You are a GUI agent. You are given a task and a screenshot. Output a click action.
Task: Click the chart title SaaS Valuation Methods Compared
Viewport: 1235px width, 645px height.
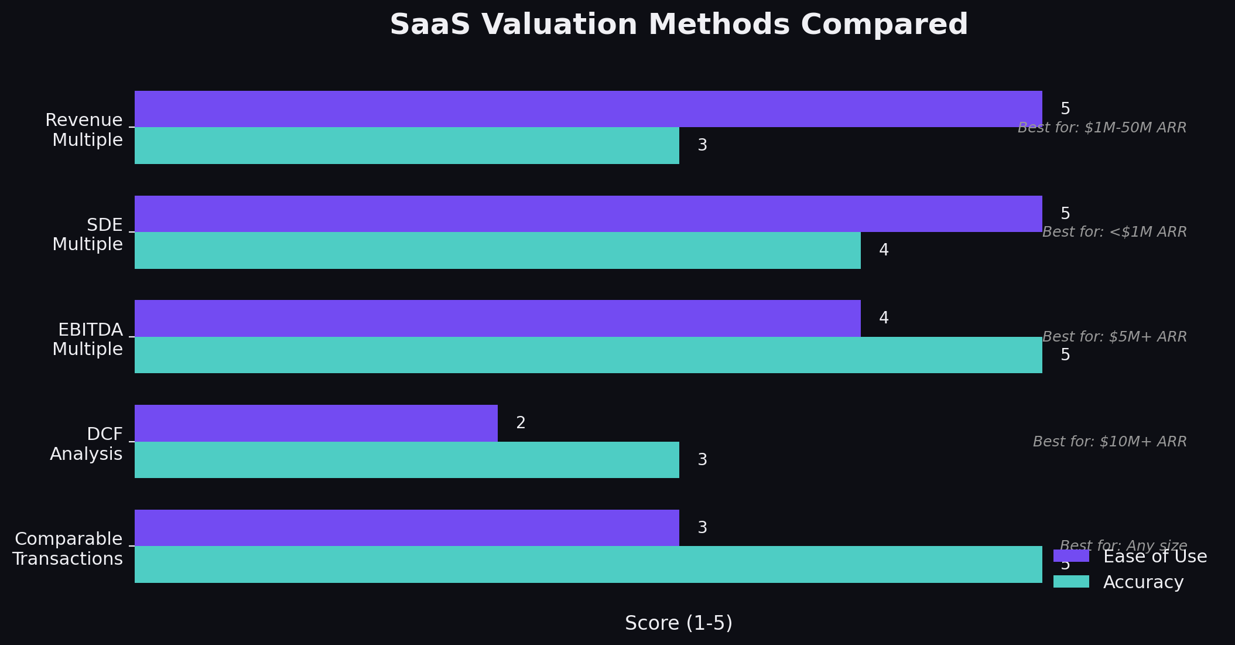tap(678, 25)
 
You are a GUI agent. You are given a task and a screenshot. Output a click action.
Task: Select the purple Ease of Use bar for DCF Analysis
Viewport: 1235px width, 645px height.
tap(316, 423)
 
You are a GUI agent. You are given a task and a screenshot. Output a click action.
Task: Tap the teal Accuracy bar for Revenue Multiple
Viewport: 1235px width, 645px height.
tap(407, 145)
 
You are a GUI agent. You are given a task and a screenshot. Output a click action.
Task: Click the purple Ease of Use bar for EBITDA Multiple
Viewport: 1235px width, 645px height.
tap(498, 318)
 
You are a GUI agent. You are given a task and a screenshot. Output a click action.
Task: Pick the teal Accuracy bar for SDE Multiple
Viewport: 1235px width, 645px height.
tap(498, 250)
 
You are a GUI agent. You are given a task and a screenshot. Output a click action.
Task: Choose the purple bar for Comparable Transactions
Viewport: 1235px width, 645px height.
tap(407, 527)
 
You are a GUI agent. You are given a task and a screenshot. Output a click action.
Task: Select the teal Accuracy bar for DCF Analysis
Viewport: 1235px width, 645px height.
tap(407, 460)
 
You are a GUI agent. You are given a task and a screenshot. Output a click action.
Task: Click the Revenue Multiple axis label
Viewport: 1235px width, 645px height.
tap(85, 130)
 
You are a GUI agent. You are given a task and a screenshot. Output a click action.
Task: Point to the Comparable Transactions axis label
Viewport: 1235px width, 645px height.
tap(68, 549)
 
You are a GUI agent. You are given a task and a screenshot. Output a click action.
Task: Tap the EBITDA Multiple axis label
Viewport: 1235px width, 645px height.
tap(89, 339)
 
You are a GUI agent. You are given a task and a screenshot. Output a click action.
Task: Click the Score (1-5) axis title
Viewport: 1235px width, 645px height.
tap(678, 623)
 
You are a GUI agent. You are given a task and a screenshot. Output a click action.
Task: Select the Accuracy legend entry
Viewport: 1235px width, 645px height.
tap(1142, 582)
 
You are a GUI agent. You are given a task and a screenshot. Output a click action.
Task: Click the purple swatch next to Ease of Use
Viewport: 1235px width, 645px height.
tap(1071, 556)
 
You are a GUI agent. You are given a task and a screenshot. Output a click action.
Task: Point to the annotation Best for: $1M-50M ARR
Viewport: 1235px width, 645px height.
tap(1101, 128)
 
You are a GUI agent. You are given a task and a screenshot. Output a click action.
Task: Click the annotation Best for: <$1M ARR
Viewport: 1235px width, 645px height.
tap(1114, 232)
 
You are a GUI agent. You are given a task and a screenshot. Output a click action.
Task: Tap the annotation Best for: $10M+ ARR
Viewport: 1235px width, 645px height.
tap(1109, 442)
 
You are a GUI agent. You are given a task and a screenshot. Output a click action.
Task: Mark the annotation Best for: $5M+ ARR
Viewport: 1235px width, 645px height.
tap(1114, 337)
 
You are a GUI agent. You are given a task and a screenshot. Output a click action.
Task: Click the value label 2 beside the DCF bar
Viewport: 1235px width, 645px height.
tap(521, 423)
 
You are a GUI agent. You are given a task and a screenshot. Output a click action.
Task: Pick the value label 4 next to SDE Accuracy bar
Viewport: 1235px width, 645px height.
tap(884, 250)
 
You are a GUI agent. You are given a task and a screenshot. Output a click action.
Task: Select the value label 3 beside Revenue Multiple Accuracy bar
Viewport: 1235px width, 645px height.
tap(702, 145)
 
